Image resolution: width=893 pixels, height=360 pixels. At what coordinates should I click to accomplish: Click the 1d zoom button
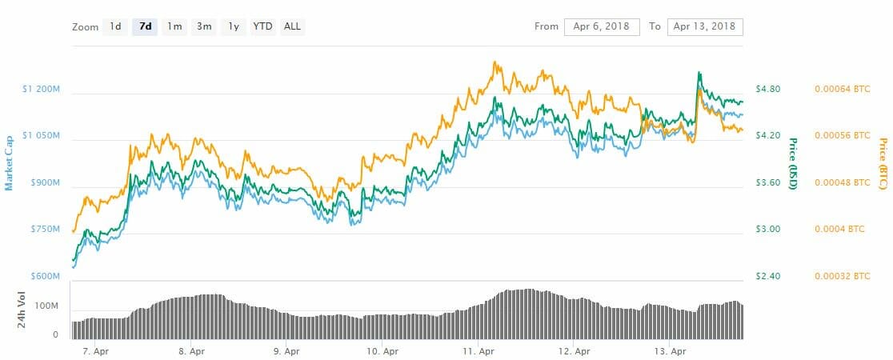pos(115,26)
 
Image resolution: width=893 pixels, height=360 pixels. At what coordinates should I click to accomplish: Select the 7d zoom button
pos(145,26)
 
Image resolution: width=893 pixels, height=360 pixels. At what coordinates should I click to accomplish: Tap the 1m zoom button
pos(174,26)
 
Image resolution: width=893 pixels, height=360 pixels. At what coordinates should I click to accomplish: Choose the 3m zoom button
pos(204,26)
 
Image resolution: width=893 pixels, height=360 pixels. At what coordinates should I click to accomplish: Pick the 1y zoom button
pos(233,26)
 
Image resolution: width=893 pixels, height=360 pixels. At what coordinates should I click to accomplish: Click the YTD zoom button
pos(262,26)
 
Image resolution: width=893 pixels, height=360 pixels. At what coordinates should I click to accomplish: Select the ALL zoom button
pos(293,26)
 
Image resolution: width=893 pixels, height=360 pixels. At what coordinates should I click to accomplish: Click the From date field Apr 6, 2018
pos(601,26)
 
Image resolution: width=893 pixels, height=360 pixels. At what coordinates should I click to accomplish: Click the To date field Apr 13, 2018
pos(704,26)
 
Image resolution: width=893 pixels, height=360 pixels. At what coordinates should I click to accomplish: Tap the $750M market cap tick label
pos(45,230)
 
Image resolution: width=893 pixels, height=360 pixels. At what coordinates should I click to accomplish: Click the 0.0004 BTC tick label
pos(839,230)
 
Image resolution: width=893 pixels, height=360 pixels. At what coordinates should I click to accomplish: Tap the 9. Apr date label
pos(286,350)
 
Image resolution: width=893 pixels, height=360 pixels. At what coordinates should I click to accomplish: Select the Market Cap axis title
pos(10,162)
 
